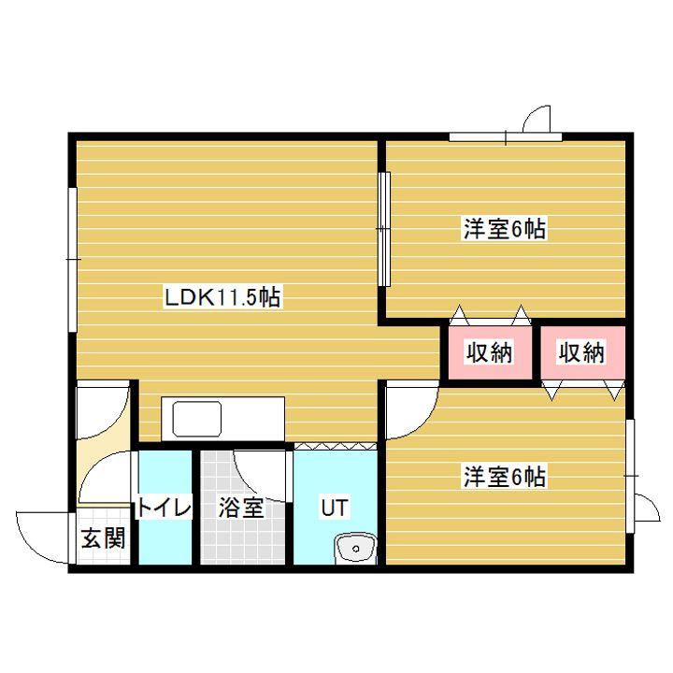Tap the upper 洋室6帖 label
click(x=504, y=228)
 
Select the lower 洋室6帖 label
click(x=504, y=477)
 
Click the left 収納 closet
click(x=489, y=352)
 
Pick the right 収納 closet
click(x=581, y=352)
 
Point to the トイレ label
click(x=165, y=508)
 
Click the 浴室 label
click(x=241, y=508)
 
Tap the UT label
click(x=334, y=508)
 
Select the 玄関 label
click(x=102, y=539)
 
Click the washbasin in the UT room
click(x=354, y=548)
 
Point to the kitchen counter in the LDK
click(x=222, y=418)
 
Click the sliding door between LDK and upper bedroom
click(x=382, y=229)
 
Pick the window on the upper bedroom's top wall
click(x=506, y=138)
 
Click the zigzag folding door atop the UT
click(x=336, y=447)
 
